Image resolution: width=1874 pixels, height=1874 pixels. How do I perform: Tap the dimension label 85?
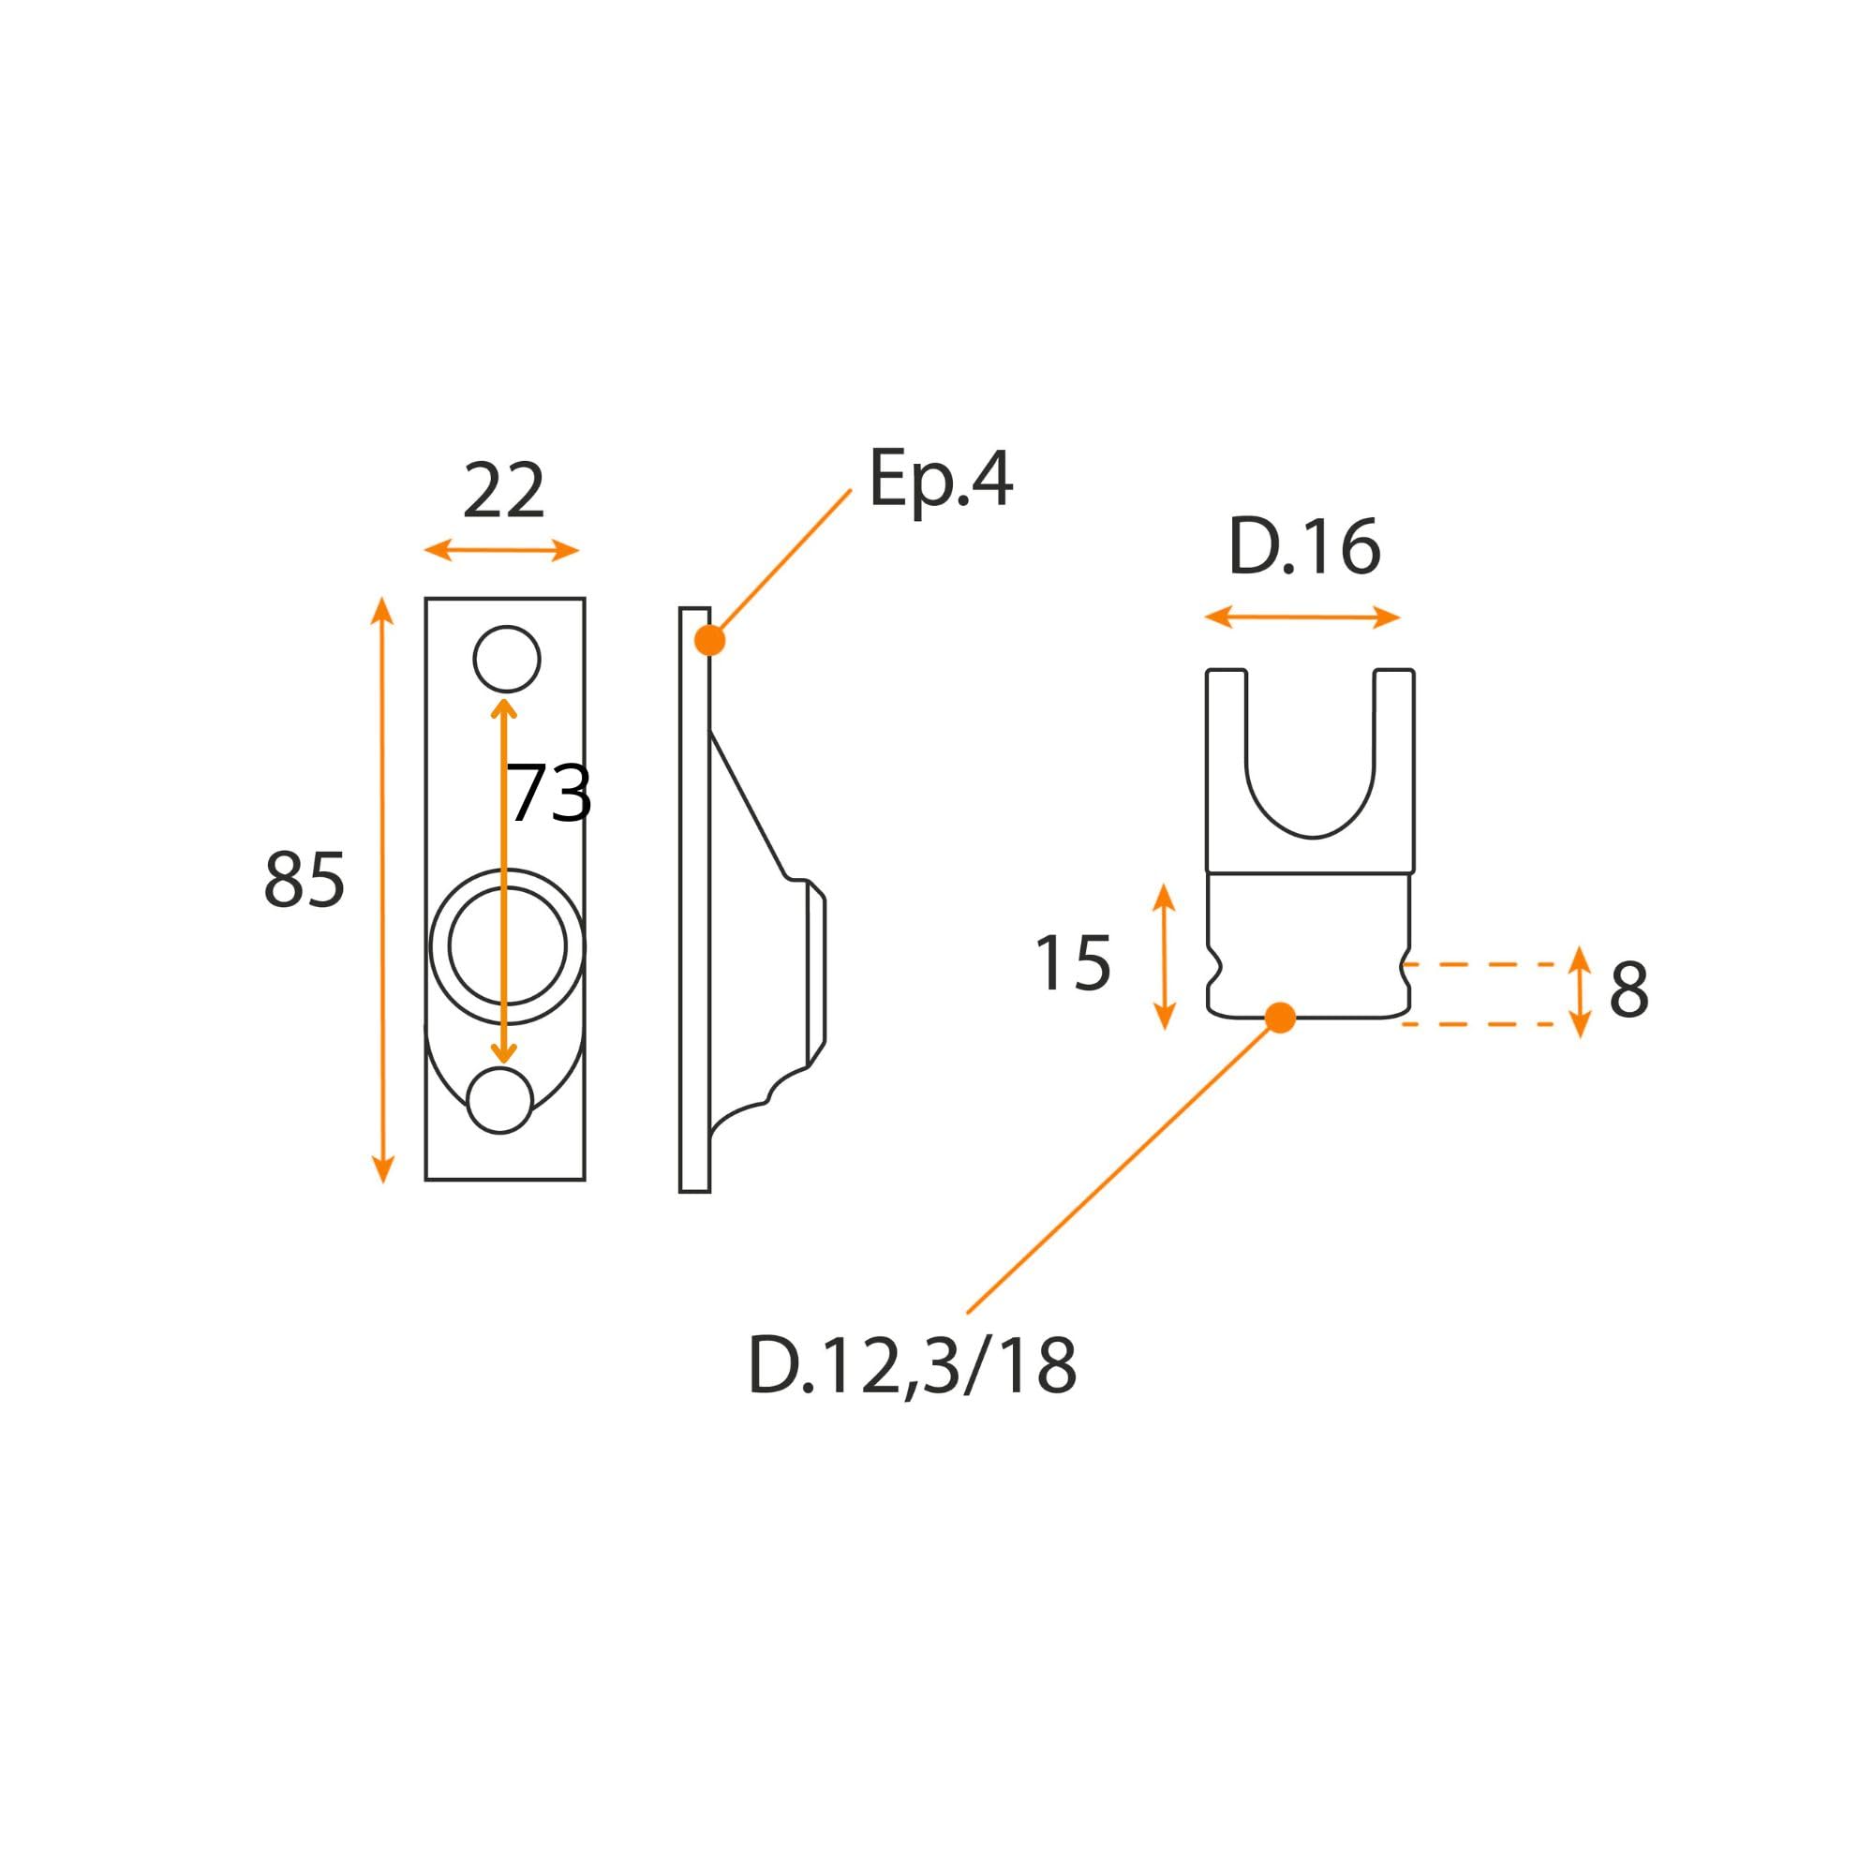(305, 880)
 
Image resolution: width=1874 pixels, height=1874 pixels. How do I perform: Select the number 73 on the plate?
(549, 794)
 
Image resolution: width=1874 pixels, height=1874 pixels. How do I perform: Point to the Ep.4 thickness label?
(940, 478)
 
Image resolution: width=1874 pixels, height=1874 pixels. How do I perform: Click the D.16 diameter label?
(1303, 547)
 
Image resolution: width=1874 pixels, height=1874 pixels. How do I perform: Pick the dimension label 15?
(1073, 963)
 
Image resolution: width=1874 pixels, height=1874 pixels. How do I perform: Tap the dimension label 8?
(1629, 990)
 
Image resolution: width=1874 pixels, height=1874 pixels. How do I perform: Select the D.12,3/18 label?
(912, 1366)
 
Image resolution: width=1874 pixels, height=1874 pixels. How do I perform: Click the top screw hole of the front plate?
(506, 660)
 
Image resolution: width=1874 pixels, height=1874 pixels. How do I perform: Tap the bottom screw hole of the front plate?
(500, 1100)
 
